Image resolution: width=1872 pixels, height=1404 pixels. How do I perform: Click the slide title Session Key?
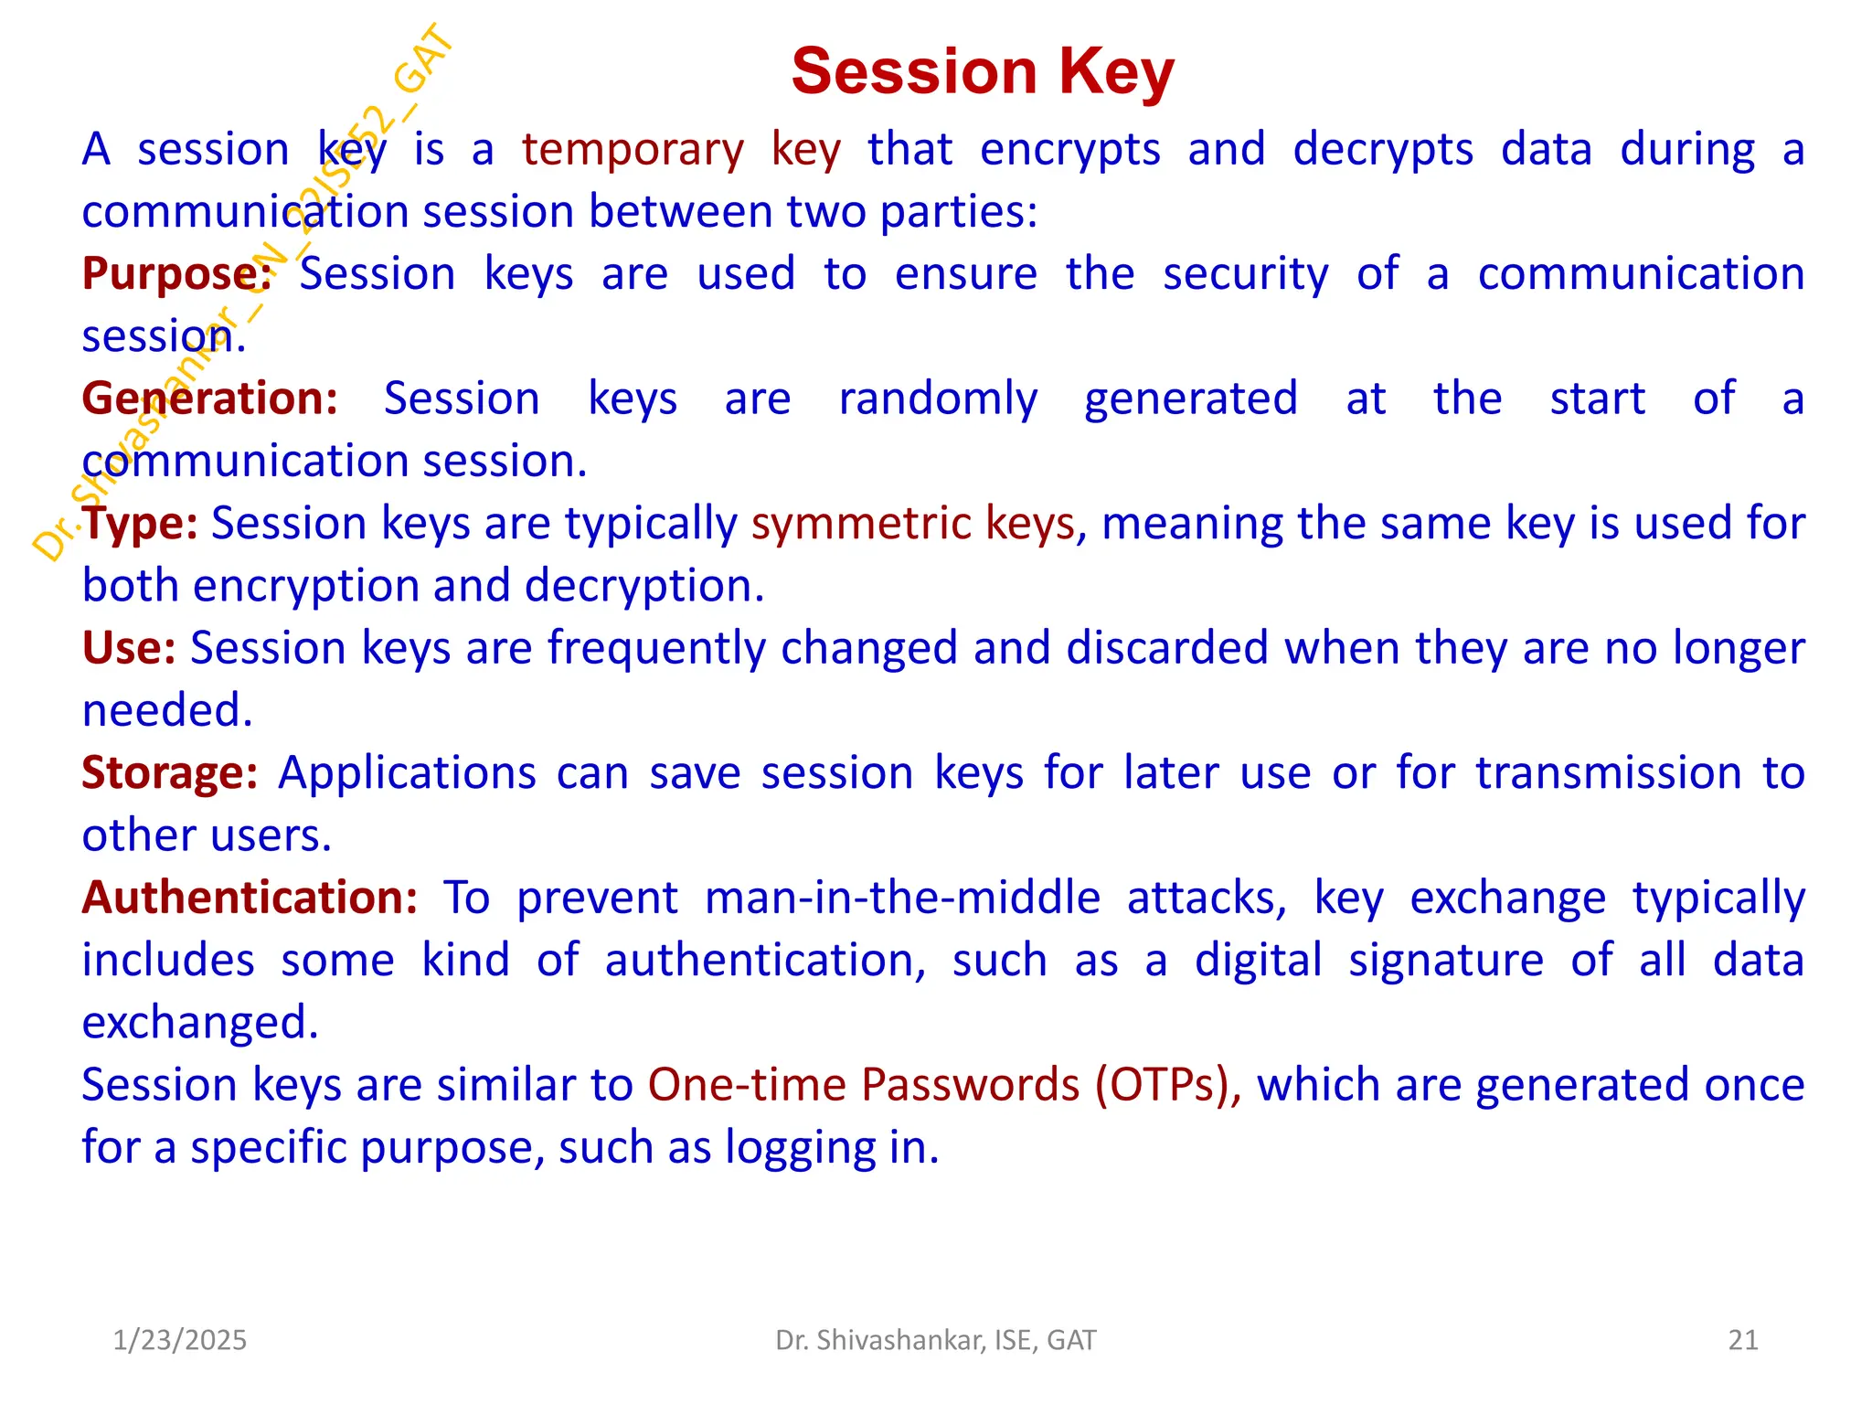pyautogui.click(x=982, y=71)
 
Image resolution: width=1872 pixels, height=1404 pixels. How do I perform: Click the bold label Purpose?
pyautogui.click(x=176, y=273)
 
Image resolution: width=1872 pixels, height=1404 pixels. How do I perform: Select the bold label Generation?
pyautogui.click(x=209, y=399)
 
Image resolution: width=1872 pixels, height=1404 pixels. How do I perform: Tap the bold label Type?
pyautogui.click(x=140, y=523)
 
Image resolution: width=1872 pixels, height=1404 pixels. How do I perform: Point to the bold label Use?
pyautogui.click(x=129, y=648)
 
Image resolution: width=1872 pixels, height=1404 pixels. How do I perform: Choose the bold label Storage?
pyautogui.click(x=170, y=773)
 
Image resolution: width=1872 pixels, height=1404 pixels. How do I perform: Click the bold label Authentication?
pyautogui.click(x=250, y=898)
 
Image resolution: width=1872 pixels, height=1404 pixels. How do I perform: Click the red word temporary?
pyautogui.click(x=633, y=150)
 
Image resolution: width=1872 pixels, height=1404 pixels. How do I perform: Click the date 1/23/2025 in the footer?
pyautogui.click(x=179, y=1340)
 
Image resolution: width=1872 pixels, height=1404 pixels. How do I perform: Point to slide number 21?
pyautogui.click(x=1743, y=1340)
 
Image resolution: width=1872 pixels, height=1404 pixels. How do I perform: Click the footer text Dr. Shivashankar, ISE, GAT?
pyautogui.click(x=935, y=1340)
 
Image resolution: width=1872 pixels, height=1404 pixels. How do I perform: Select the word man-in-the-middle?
pyautogui.click(x=902, y=898)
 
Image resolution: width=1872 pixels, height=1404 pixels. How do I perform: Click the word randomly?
pyautogui.click(x=938, y=399)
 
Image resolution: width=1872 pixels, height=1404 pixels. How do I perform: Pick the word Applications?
pyautogui.click(x=407, y=773)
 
